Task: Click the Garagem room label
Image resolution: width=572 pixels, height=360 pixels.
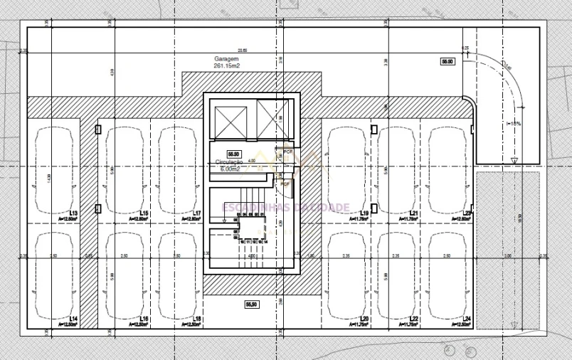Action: (x=226, y=58)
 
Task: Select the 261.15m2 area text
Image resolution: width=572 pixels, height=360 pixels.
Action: (x=227, y=65)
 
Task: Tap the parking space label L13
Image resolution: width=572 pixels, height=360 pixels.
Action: (x=73, y=213)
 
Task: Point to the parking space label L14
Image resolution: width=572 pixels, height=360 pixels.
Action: (x=73, y=318)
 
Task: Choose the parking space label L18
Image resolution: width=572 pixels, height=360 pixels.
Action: (x=196, y=318)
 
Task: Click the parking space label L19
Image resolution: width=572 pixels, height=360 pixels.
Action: (x=364, y=213)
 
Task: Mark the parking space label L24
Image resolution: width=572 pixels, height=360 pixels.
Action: (x=467, y=318)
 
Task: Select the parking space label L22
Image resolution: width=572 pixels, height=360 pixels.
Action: (x=413, y=318)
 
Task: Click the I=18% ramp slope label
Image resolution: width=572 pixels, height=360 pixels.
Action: (x=514, y=124)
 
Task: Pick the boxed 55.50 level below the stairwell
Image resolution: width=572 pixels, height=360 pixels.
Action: (x=251, y=304)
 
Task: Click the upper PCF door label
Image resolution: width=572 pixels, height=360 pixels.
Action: (x=287, y=152)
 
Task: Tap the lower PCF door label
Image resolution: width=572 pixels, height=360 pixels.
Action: (x=285, y=184)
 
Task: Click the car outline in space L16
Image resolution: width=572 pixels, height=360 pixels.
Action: (x=125, y=275)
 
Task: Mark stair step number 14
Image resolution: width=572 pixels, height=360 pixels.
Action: (x=265, y=242)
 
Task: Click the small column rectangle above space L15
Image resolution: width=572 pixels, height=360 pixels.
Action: (x=97, y=129)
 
